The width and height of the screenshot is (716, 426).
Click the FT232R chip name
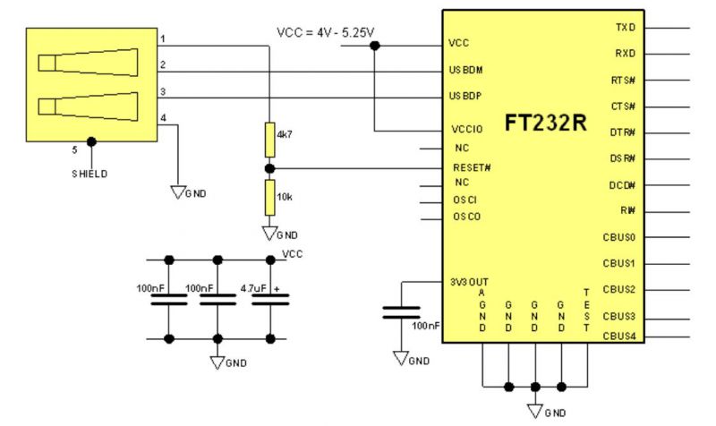(x=545, y=123)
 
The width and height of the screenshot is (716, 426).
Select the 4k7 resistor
(x=270, y=140)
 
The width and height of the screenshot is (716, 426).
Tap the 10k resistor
(x=270, y=197)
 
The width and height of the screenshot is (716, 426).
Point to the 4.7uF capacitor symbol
(x=270, y=300)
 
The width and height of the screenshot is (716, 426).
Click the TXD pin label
(x=625, y=28)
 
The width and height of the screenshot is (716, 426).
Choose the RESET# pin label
(x=472, y=167)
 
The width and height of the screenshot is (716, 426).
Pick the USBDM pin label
(x=465, y=70)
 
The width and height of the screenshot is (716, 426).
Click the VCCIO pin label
(x=466, y=129)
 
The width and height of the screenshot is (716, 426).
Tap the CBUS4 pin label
(x=619, y=337)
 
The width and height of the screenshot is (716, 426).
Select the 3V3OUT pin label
(x=469, y=282)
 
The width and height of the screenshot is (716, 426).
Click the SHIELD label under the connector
(x=90, y=174)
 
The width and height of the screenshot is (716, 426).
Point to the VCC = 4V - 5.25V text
(x=326, y=32)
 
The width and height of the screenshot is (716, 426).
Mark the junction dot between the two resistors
(x=270, y=168)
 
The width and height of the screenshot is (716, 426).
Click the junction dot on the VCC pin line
(x=374, y=46)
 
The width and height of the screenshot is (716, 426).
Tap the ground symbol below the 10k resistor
(x=269, y=233)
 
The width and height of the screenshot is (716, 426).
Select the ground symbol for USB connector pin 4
(x=177, y=192)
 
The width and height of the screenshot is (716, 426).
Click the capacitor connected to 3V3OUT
(x=401, y=312)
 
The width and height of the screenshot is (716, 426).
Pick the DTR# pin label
(x=622, y=132)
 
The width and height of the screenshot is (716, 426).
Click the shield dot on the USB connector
(x=91, y=142)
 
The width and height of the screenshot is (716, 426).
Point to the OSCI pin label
(x=465, y=200)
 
